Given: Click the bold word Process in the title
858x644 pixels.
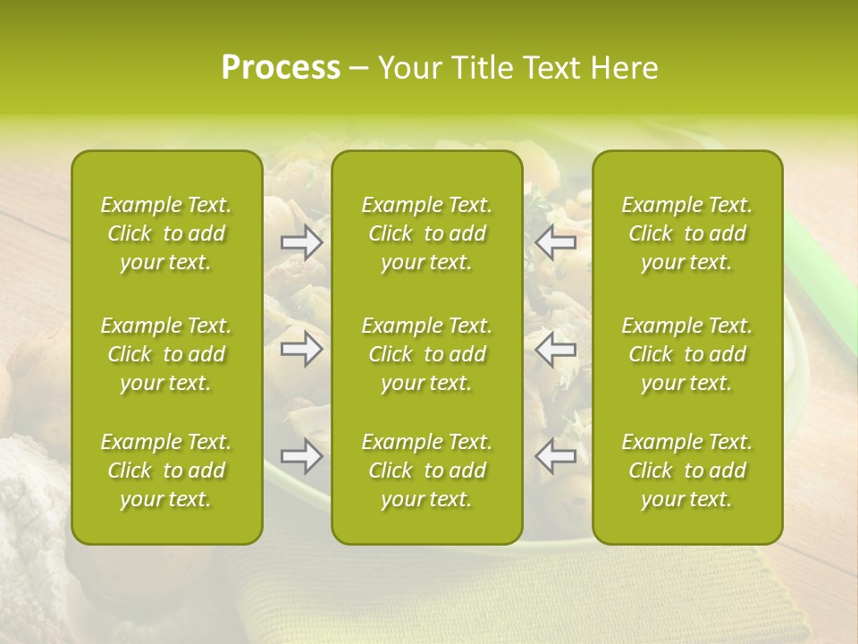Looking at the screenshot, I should [281, 68].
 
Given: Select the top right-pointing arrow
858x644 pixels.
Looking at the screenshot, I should [301, 241].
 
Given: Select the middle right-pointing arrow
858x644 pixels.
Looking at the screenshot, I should [301, 349].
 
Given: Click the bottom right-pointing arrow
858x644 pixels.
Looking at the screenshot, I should [301, 456].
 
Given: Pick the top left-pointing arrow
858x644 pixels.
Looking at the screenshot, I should [556, 241].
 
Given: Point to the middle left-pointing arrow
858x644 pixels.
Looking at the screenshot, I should [556, 349].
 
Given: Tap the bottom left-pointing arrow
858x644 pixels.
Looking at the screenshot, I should [556, 456].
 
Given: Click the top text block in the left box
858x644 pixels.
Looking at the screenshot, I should [166, 233].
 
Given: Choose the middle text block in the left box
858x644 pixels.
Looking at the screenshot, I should [166, 354].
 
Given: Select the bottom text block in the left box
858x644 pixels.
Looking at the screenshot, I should [166, 470].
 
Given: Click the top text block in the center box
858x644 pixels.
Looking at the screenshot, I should [427, 233].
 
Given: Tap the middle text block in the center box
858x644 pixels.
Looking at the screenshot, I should [427, 354].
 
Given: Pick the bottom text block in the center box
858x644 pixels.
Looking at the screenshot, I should [427, 470].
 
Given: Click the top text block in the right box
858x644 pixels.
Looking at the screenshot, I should [687, 233].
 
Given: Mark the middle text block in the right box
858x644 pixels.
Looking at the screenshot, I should [687, 354].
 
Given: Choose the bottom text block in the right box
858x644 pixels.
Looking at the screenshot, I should [687, 470].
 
